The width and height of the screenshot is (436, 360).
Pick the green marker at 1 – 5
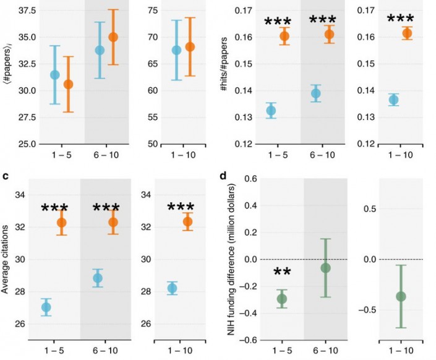282,299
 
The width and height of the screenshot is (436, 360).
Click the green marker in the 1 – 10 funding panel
401,296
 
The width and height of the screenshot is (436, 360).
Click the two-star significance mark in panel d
282,273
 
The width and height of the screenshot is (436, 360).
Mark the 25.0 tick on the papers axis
17,144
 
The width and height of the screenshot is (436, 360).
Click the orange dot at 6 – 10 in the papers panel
113,37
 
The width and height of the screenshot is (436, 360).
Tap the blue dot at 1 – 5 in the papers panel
55,75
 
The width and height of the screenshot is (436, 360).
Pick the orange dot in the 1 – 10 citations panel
188,221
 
